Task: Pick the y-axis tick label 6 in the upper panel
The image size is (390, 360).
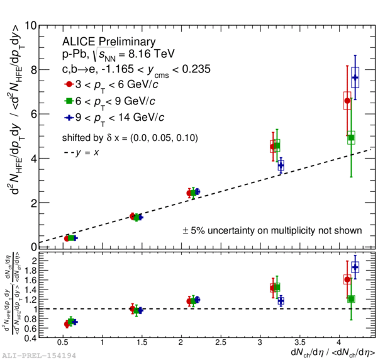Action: point(31,115)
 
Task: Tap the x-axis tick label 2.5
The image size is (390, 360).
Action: point(220,343)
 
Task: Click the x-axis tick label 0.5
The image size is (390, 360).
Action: point(63,343)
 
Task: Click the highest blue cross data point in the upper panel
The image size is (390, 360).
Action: point(355,77)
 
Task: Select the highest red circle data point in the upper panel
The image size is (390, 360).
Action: point(347,101)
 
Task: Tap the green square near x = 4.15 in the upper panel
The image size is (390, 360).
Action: point(351,138)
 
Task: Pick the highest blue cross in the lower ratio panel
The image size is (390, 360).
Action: point(355,267)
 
